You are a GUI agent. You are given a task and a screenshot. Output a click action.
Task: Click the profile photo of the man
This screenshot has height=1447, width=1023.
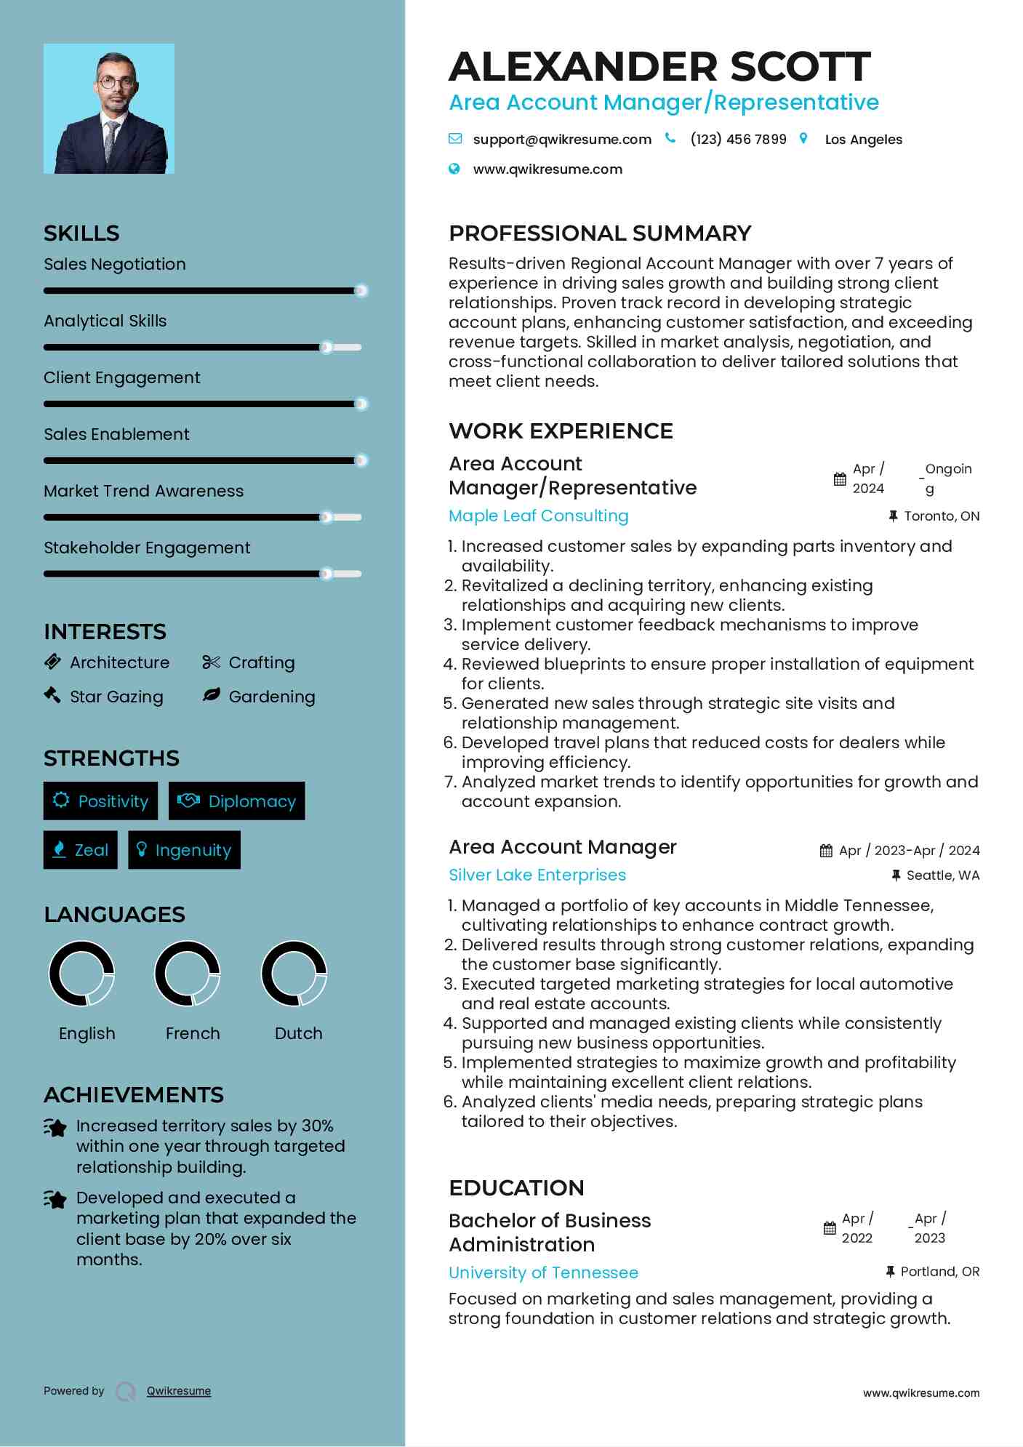(x=109, y=109)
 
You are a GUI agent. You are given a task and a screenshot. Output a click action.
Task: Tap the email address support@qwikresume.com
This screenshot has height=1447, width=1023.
(x=561, y=140)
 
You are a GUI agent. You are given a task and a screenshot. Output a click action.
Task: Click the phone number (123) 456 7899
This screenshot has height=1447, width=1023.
(x=738, y=140)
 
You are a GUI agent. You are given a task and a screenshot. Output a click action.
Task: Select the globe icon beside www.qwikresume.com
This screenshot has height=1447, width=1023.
(x=454, y=169)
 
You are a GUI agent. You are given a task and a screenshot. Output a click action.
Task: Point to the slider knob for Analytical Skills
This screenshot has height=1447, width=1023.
(x=326, y=348)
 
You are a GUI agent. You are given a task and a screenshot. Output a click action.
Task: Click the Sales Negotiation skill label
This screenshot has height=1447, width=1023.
(x=115, y=265)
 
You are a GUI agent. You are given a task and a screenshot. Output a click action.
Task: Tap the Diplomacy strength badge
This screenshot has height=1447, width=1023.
(x=237, y=801)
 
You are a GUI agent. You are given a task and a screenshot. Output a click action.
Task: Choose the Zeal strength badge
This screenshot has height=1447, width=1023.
(x=80, y=850)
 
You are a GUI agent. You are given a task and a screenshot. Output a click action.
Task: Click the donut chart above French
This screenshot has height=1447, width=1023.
(x=188, y=974)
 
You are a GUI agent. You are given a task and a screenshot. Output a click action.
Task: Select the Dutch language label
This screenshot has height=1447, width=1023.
(x=298, y=1034)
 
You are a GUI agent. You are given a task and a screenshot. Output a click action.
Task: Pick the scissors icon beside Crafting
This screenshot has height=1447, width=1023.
(x=211, y=662)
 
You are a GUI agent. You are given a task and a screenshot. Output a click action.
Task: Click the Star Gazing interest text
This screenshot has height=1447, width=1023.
(x=116, y=697)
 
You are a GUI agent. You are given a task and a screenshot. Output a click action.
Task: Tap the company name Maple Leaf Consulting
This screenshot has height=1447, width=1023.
(x=538, y=516)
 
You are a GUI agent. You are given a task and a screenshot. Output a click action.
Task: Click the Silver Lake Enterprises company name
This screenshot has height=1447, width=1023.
(x=537, y=875)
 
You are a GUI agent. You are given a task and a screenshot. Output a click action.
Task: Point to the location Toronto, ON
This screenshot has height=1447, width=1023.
(x=942, y=516)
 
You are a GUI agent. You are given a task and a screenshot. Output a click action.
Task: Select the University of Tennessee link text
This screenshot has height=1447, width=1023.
(x=543, y=1273)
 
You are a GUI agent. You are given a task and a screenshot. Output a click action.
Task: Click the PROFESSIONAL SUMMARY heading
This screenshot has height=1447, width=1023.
(x=600, y=233)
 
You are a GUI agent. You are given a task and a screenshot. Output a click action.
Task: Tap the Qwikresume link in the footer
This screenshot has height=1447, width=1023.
(x=179, y=1391)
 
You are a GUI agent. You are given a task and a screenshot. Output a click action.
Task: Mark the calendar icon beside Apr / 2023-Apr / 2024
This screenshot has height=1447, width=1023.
(x=826, y=851)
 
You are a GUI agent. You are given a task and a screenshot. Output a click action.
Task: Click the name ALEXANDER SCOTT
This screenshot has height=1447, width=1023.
(x=659, y=67)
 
